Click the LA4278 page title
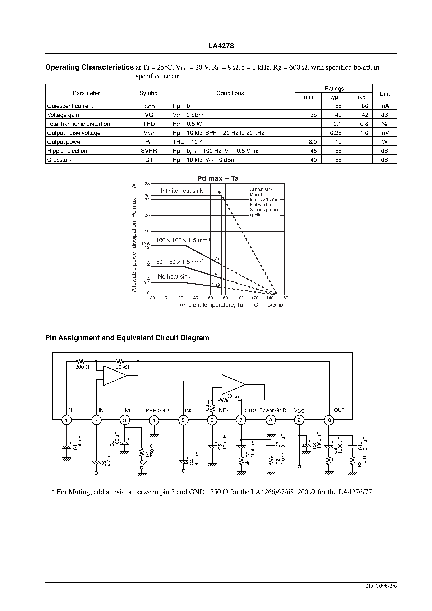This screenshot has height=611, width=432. click(221, 46)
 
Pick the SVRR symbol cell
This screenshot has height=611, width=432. click(149, 151)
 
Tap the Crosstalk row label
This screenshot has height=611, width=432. click(59, 160)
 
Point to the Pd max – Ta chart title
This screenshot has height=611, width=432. click(218, 178)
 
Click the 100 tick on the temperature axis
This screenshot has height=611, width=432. click(240, 298)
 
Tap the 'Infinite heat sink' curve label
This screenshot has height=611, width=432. click(182, 191)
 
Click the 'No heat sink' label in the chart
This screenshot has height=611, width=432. click(174, 277)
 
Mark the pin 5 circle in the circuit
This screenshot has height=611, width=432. click(183, 420)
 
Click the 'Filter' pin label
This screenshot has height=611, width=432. click(125, 410)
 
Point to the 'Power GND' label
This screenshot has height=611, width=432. click(272, 410)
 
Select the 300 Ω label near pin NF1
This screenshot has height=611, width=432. click(82, 367)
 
